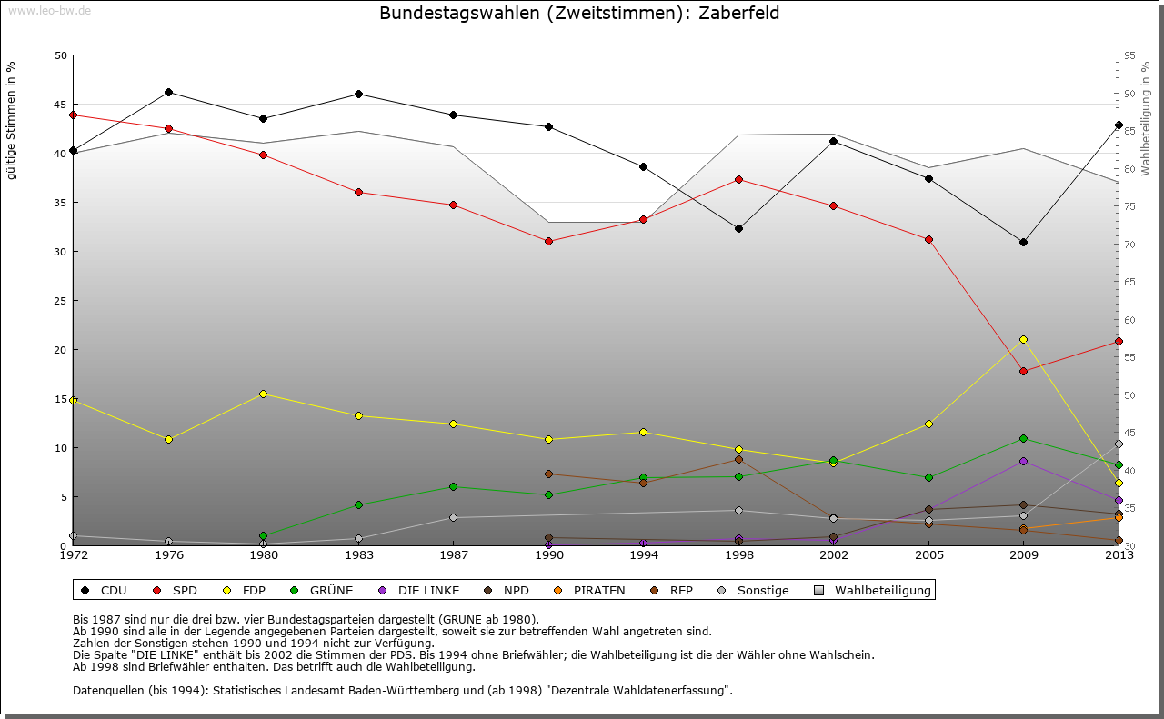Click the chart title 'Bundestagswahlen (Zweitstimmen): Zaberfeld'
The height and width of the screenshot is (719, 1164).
tap(579, 14)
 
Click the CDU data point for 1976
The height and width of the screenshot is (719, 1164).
tap(168, 92)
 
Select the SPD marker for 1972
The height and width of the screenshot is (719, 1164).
tap(73, 115)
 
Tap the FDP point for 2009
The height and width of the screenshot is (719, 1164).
tap(1023, 339)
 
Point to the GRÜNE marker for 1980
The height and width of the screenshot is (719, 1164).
tap(263, 535)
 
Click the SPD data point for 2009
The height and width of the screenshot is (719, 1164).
tap(1023, 371)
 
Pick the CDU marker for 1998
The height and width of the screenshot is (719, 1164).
tap(738, 228)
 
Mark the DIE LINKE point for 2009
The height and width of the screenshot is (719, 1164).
tap(1023, 461)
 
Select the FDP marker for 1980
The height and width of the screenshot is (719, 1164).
tap(263, 394)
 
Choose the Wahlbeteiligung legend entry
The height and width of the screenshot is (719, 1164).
tap(873, 591)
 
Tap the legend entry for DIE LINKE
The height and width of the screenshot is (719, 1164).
tap(419, 591)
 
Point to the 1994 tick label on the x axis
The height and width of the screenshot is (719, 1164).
tap(643, 555)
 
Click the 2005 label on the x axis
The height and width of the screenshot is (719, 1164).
tap(928, 555)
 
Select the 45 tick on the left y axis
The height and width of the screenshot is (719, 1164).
tap(61, 105)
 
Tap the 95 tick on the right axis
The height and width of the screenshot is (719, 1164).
tap(1130, 55)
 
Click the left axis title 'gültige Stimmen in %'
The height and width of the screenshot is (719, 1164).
tap(11, 120)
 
